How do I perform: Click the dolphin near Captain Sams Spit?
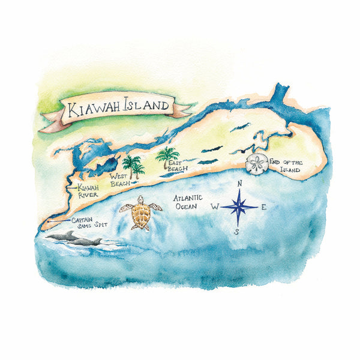pos(75,239)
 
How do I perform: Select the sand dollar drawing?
pos(258,163)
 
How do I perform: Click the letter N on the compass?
pos(239,184)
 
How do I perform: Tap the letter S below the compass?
pos(236,232)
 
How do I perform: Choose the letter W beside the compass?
pos(214,206)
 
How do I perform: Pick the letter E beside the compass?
pos(263,208)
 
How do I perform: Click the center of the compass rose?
pos(239,207)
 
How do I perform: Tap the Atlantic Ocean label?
pos(187,202)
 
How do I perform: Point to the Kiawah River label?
pos(88,191)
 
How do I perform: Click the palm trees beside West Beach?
pos(133,165)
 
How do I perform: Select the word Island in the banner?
pos(145,106)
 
